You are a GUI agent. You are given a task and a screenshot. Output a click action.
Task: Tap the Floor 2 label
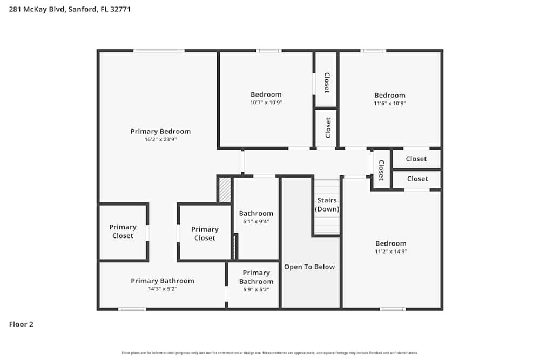[x=21, y=324]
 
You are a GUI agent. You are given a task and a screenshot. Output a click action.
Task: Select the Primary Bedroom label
[x=160, y=131]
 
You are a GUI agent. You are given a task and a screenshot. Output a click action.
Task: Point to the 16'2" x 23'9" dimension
[x=160, y=139]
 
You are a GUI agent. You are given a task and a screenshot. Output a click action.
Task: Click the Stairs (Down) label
[x=327, y=205]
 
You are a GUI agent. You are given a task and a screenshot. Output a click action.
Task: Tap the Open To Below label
[x=309, y=267]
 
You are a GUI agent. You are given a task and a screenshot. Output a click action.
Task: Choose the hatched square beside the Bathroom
[x=225, y=190]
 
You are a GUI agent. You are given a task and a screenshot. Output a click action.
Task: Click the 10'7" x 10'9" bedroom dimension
[x=266, y=103]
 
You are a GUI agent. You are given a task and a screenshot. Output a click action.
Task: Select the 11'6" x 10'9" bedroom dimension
[x=389, y=103]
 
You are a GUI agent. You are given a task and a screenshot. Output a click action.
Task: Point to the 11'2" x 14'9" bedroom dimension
[x=390, y=252]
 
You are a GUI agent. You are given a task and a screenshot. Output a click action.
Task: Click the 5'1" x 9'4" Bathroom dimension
[x=256, y=221]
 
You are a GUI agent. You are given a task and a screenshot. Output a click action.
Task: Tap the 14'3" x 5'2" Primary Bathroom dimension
[x=162, y=289]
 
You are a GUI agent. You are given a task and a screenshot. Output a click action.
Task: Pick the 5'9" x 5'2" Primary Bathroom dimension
[x=256, y=289]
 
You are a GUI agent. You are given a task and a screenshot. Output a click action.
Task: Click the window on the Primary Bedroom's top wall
[x=159, y=51]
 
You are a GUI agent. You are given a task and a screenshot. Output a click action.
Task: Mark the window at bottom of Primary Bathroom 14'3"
[x=132, y=309]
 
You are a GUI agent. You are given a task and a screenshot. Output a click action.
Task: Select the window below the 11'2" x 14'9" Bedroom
[x=393, y=309]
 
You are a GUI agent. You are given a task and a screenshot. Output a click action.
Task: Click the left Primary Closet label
[x=123, y=232]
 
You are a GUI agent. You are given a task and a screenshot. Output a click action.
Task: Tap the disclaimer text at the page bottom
[x=270, y=353]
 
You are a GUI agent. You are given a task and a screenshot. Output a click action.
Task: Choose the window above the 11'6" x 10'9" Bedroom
[x=373, y=51]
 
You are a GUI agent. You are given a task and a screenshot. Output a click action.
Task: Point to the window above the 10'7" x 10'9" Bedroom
[x=268, y=51]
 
